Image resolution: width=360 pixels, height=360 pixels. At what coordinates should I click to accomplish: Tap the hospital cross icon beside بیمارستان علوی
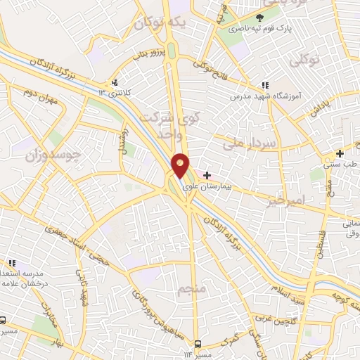[207, 174]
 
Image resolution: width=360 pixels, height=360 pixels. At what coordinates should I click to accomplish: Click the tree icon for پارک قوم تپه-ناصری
[259, 18]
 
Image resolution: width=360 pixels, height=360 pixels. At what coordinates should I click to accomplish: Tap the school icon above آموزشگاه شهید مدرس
[264, 85]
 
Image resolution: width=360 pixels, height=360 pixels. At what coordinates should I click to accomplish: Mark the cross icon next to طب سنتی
[340, 153]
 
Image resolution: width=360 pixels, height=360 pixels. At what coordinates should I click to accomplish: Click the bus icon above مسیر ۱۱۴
[198, 344]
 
